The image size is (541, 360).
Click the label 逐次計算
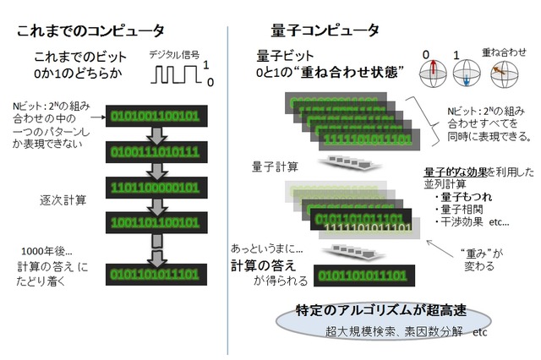[63, 200]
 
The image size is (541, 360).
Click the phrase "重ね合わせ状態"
[347, 74]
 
